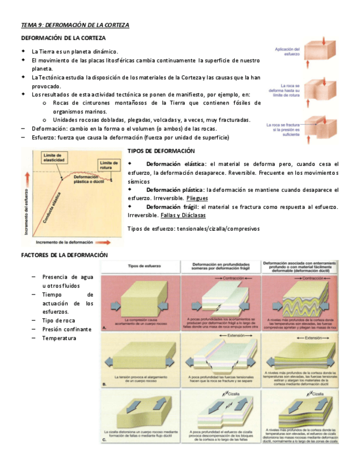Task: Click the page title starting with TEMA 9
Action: point(75,25)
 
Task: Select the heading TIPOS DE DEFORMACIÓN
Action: point(161,151)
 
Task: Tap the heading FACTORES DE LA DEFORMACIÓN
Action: point(64,255)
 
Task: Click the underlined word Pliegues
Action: point(197,197)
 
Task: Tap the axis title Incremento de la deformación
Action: point(63,241)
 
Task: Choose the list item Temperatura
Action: point(59,338)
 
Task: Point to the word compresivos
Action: point(243,229)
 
